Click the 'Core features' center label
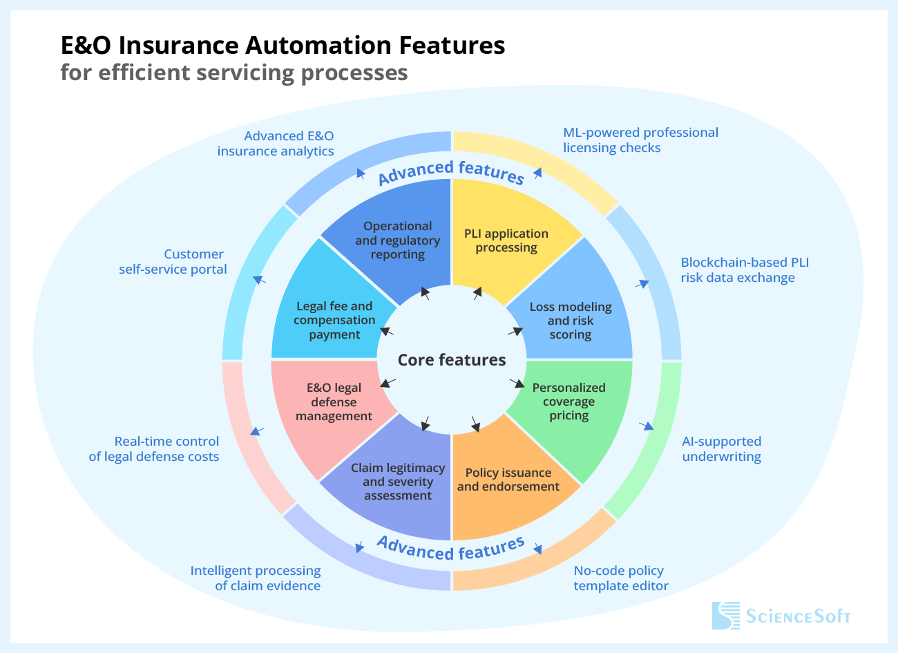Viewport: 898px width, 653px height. coord(452,360)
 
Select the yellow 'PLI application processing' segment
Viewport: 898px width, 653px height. coord(506,240)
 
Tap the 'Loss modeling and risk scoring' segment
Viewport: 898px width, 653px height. coord(571,321)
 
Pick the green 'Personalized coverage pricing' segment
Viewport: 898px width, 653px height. coord(569,401)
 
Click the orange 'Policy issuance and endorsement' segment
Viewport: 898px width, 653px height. coord(508,480)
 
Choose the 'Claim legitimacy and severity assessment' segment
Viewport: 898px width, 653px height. coord(398,482)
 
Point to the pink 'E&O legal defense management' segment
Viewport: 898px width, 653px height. coord(334,402)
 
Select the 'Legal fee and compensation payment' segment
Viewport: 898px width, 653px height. coord(334,320)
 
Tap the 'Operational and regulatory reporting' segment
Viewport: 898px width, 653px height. coord(398,240)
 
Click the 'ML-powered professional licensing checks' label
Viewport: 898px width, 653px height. coord(640,140)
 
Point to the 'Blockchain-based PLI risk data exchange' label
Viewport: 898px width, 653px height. coord(745,270)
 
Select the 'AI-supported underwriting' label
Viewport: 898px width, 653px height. coord(722,449)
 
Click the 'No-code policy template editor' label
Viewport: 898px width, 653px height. coord(620,578)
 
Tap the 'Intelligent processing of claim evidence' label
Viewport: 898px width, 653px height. coord(256,578)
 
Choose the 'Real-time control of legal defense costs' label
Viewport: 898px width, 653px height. coord(154,449)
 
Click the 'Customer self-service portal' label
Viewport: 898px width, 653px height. coord(173,262)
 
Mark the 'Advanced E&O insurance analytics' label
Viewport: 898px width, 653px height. coord(276,144)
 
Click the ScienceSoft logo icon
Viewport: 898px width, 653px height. coord(725,616)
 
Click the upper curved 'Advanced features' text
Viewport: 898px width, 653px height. coord(451,172)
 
